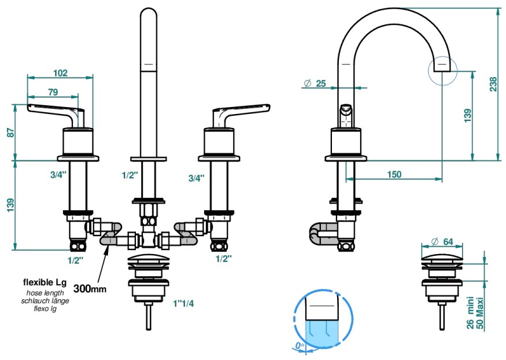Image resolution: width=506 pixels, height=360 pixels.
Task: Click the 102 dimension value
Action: [60, 73]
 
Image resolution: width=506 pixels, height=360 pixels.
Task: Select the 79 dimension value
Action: [53, 92]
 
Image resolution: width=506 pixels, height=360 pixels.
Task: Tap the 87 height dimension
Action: [10, 133]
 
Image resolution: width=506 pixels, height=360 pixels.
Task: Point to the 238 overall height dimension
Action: [493, 84]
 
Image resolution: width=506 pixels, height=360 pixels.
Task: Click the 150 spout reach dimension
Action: [394, 174]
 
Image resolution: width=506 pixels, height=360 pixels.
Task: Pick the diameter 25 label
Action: [315, 83]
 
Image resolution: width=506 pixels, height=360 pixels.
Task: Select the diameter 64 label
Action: [442, 241]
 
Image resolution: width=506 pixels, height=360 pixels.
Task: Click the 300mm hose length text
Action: [90, 288]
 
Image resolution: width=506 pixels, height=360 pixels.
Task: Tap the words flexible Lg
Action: [45, 282]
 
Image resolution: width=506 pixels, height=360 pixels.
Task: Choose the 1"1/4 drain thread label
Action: [183, 303]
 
